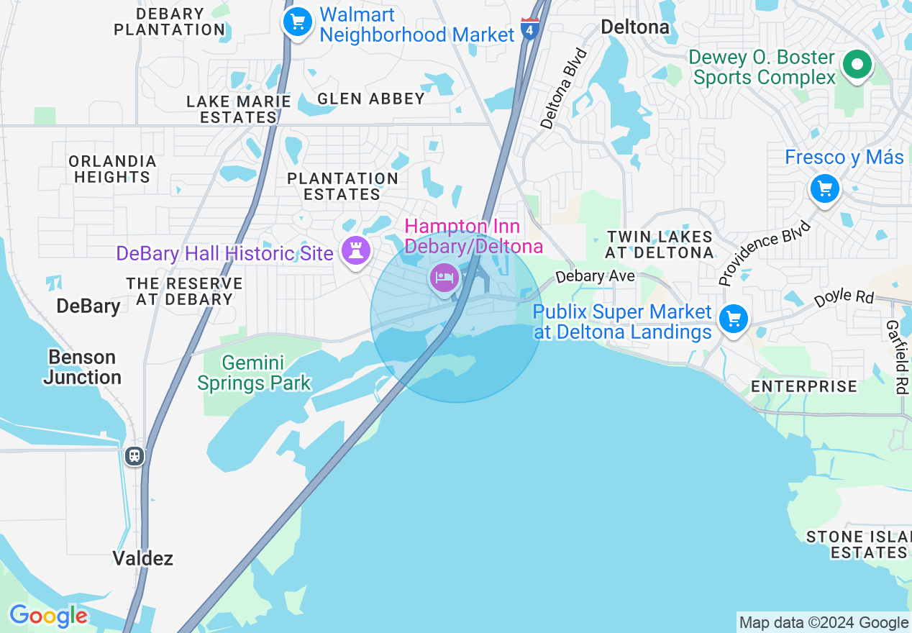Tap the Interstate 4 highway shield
click(x=530, y=29)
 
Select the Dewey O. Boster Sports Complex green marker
click(x=857, y=65)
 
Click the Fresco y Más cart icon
click(x=824, y=190)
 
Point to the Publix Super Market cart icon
click(x=734, y=319)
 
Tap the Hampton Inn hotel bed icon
click(x=444, y=277)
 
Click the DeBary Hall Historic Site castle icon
click(x=355, y=250)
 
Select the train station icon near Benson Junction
click(x=134, y=456)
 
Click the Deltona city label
click(x=635, y=27)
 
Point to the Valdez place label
click(x=143, y=558)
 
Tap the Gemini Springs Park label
click(x=254, y=373)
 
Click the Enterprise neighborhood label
click(x=804, y=386)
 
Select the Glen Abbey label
click(x=371, y=99)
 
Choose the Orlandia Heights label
click(x=112, y=169)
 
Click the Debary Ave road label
click(x=596, y=276)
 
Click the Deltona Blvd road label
click(x=564, y=89)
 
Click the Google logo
click(x=48, y=616)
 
